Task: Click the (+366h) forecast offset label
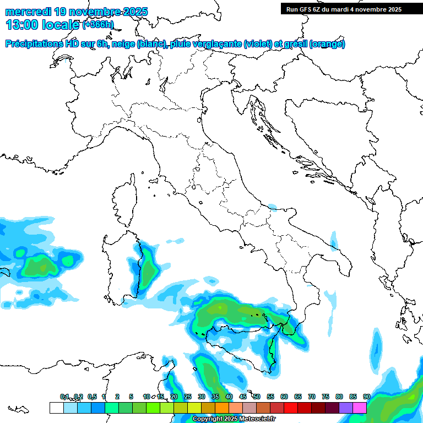(x=97, y=25)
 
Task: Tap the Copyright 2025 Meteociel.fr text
(x=234, y=419)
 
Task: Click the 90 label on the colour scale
(x=366, y=397)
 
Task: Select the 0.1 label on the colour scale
(x=64, y=397)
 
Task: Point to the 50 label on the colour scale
(x=257, y=397)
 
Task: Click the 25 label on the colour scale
(x=188, y=397)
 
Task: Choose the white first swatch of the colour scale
(x=56, y=408)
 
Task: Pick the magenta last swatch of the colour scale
(x=360, y=408)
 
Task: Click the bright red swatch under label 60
(x=291, y=408)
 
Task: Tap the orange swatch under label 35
(x=221, y=408)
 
